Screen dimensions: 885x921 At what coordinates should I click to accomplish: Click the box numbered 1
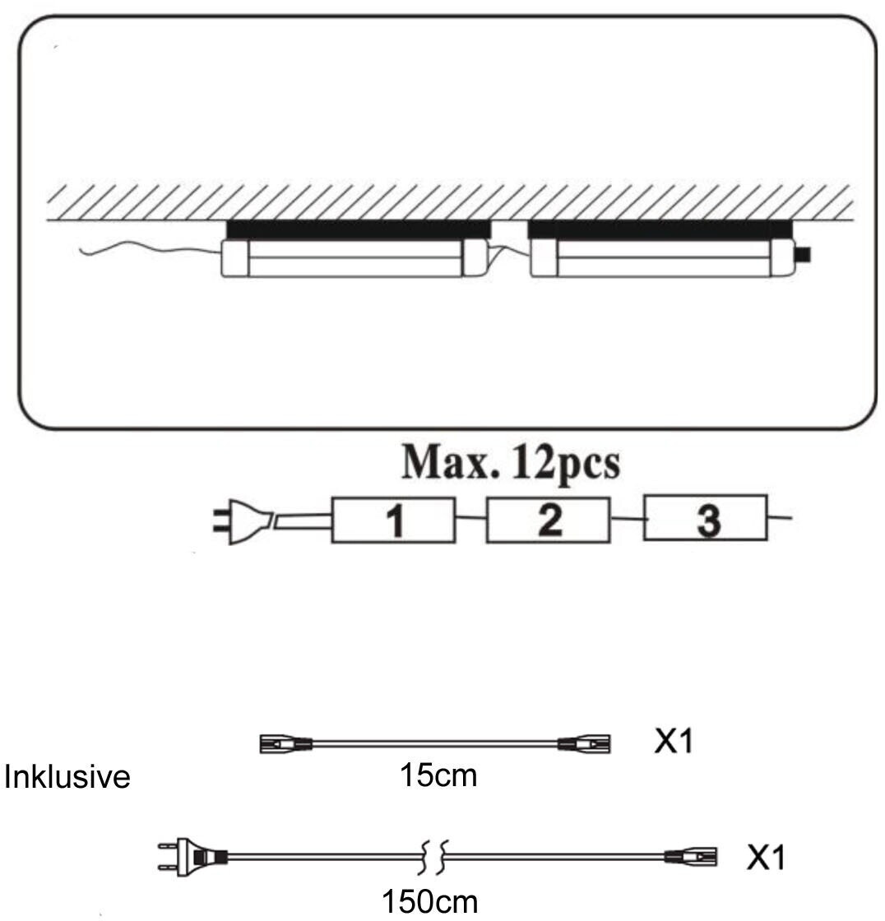[393, 520]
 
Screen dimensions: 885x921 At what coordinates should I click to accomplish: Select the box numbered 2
[549, 520]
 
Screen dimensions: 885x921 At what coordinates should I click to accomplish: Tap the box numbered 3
[706, 518]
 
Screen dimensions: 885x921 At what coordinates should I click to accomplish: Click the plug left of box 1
[240, 520]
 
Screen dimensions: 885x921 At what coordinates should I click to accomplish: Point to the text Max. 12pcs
[510, 465]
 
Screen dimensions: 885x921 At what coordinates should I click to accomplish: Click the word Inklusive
[67, 777]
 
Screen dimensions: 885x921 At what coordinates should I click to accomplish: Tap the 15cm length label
[438, 775]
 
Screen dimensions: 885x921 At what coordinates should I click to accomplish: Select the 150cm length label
[429, 900]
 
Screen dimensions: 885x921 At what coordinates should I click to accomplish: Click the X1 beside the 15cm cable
[674, 743]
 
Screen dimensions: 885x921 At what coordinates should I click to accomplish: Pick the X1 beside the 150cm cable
[766, 859]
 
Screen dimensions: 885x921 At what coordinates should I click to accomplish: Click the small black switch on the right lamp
[804, 255]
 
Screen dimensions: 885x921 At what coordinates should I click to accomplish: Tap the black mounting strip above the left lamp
[358, 229]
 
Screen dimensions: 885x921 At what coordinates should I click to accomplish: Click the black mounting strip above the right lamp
[659, 229]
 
